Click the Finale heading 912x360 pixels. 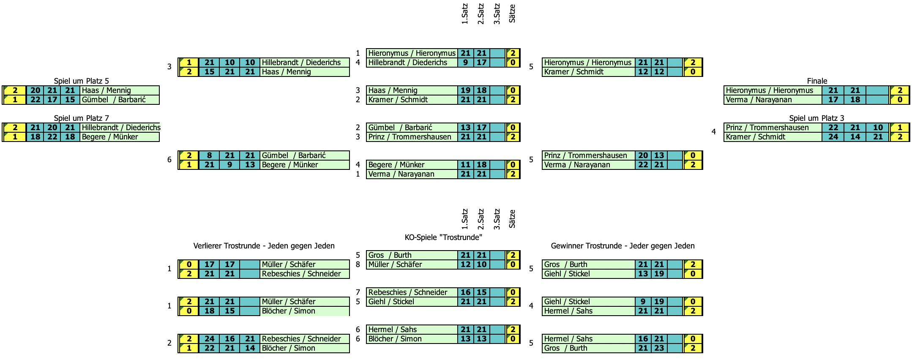click(x=817, y=81)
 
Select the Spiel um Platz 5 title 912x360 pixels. click(x=81, y=81)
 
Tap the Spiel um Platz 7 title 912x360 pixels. click(x=81, y=118)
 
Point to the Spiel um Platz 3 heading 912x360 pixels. click(x=816, y=118)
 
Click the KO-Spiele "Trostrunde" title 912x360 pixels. click(x=443, y=237)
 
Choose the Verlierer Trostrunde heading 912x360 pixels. click(x=264, y=245)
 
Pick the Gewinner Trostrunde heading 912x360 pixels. click(x=623, y=245)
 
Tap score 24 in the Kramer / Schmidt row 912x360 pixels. click(x=833, y=137)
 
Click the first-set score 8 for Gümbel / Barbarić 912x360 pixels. click(x=209, y=155)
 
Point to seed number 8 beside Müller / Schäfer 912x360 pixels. click(x=358, y=265)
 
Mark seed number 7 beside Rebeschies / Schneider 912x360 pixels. click(x=358, y=292)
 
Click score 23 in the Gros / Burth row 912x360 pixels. click(x=659, y=348)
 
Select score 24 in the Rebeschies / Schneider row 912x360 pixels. click(x=209, y=339)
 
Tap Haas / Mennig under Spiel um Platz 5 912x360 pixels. click(x=106, y=90)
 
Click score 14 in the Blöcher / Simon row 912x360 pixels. click(x=250, y=348)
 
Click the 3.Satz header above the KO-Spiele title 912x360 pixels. click(x=497, y=219)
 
